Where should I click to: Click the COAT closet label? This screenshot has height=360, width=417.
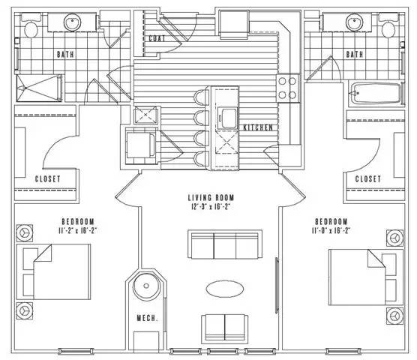point(157,38)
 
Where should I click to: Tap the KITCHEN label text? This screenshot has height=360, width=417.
point(257,127)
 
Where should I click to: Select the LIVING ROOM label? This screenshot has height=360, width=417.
point(208,198)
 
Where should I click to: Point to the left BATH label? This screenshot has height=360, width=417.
point(65,55)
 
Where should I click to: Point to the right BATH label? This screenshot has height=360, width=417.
point(355,55)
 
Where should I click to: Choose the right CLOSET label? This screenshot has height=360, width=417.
point(368,179)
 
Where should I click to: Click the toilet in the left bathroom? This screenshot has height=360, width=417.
point(30,28)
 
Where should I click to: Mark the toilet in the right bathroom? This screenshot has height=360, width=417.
point(388,28)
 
